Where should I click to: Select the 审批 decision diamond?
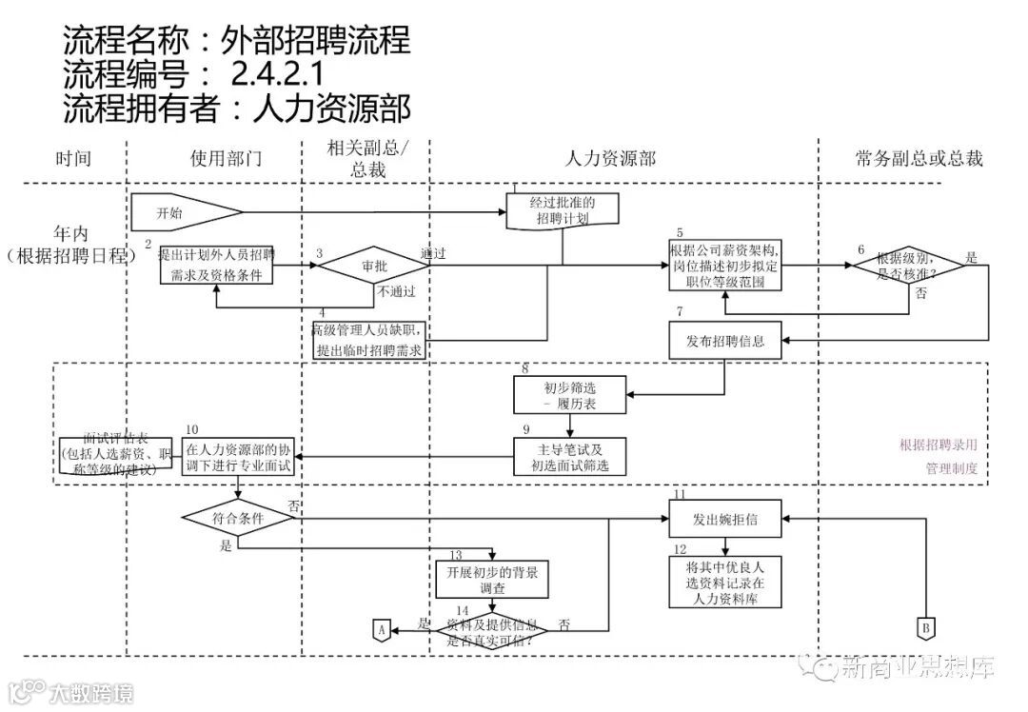[x=372, y=267]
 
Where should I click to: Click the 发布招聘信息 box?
[x=726, y=340]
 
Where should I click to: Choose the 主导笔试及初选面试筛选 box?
[x=570, y=457]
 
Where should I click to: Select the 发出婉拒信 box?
[x=726, y=519]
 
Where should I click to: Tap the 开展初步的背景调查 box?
[x=492, y=580]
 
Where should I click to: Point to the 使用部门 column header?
[x=226, y=158]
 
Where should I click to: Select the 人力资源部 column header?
[x=610, y=158]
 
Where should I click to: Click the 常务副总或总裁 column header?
[x=919, y=158]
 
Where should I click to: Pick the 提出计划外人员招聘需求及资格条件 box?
[x=216, y=265]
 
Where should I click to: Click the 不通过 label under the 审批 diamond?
[x=397, y=291]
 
